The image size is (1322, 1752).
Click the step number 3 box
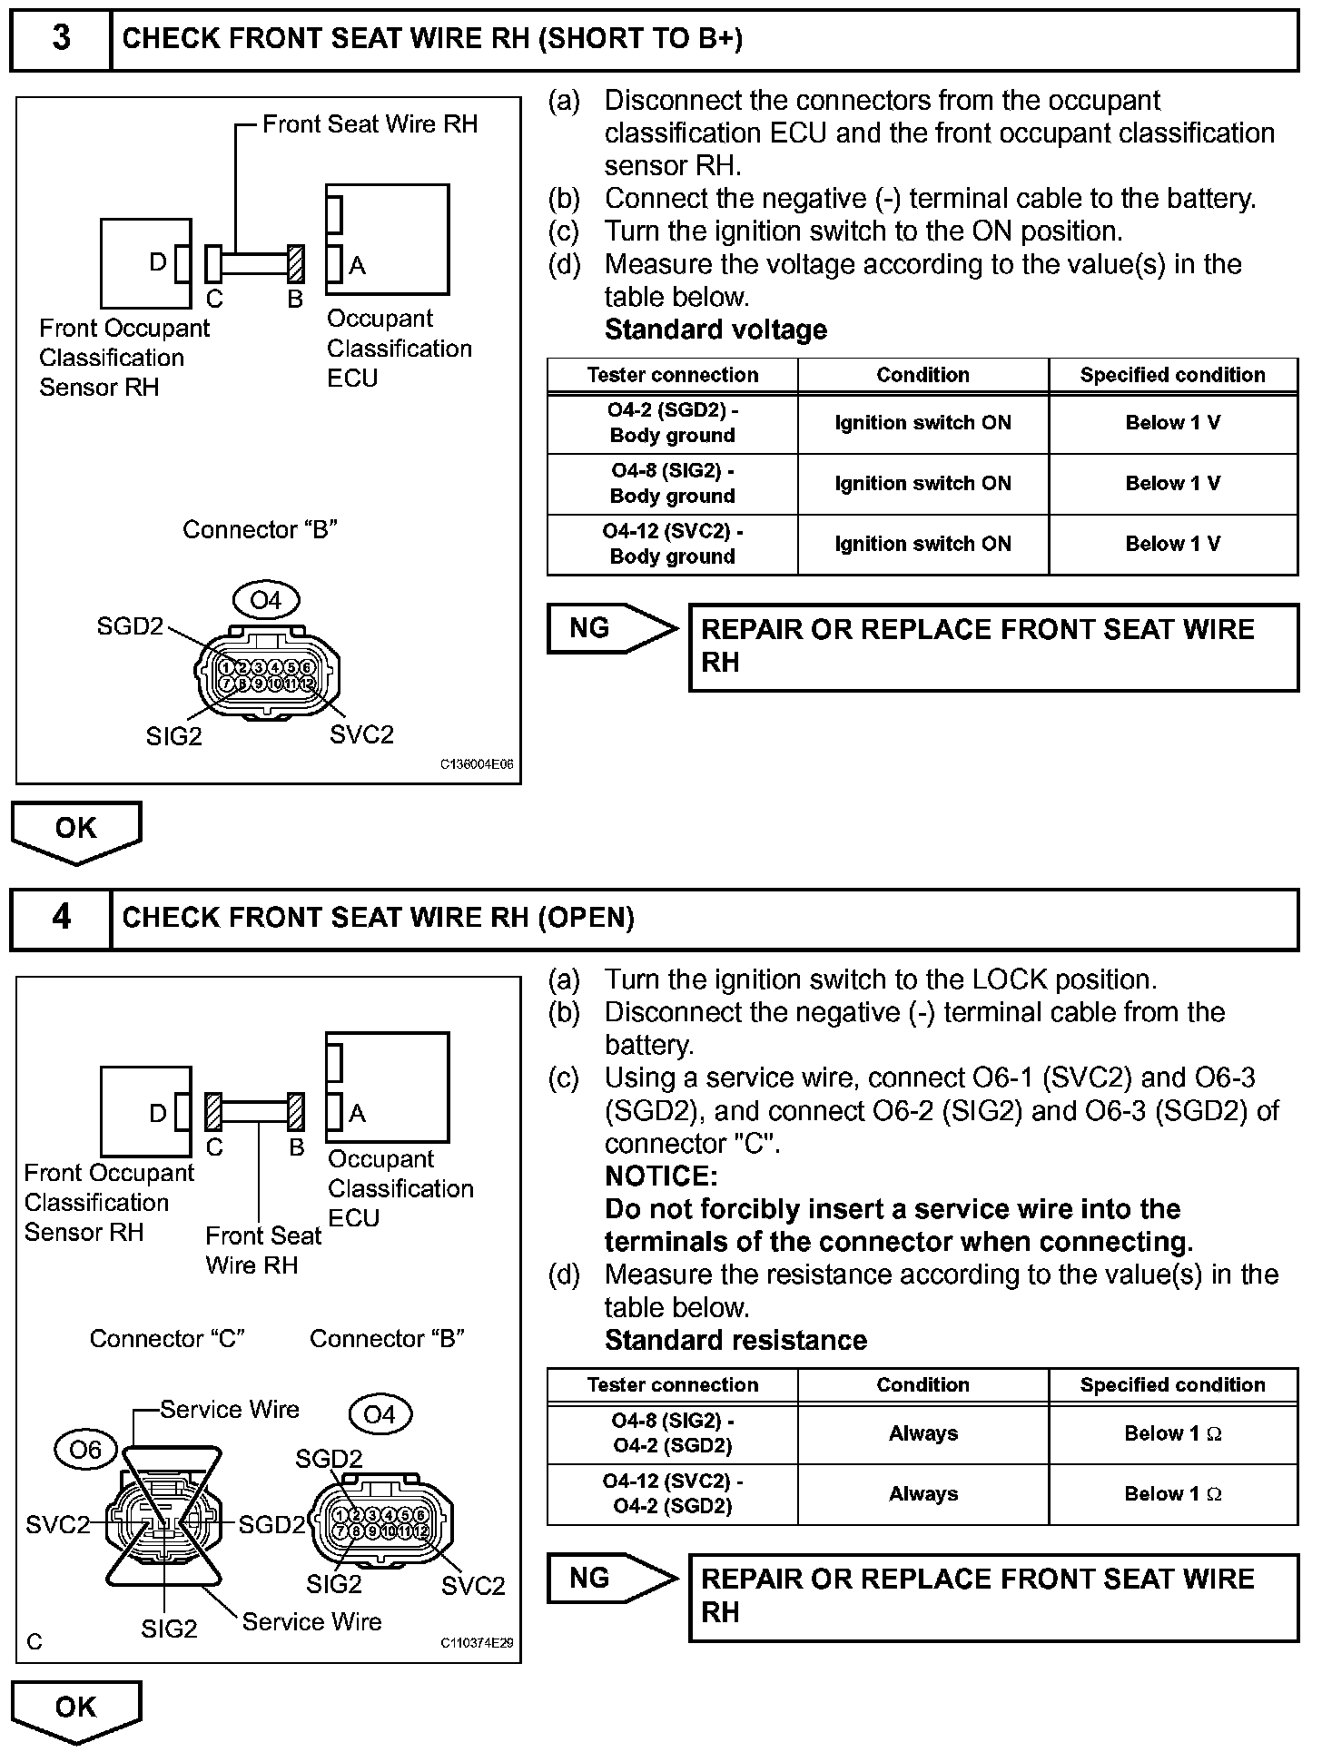click(61, 39)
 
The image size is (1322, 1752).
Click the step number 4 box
click(61, 918)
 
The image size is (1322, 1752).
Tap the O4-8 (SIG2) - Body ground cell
click(672, 483)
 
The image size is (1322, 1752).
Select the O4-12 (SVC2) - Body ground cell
click(672, 544)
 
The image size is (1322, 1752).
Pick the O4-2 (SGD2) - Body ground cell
click(672, 422)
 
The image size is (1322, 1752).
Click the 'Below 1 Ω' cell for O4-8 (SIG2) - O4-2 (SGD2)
click(1172, 1433)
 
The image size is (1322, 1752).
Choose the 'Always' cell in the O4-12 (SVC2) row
click(922, 1493)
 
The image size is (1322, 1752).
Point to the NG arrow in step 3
click(611, 628)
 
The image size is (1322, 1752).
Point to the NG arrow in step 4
click(611, 1578)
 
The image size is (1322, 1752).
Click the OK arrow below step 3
click(76, 830)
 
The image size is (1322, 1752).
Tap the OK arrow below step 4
click(76, 1708)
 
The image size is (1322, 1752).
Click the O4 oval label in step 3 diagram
click(265, 600)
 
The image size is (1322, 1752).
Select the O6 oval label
click(85, 1450)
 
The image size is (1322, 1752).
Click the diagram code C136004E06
click(477, 764)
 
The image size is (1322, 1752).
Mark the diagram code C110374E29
click(477, 1643)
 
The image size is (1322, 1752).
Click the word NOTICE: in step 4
click(661, 1176)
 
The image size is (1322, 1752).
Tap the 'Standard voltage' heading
click(715, 330)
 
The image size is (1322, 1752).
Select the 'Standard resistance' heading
click(735, 1340)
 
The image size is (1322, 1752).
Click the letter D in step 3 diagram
click(157, 263)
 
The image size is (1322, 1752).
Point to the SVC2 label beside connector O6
click(58, 1525)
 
